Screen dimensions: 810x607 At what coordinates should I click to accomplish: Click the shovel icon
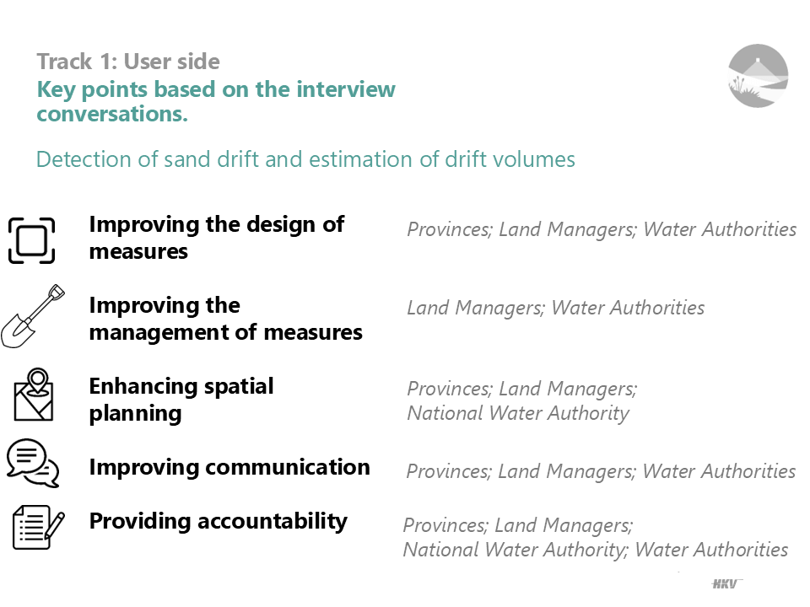(x=31, y=317)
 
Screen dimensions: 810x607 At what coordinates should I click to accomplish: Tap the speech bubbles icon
(x=33, y=463)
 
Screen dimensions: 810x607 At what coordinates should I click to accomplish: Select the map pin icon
(x=34, y=395)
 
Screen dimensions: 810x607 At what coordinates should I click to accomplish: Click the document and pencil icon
(x=39, y=527)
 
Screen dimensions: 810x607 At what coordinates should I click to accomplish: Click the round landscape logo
(x=758, y=76)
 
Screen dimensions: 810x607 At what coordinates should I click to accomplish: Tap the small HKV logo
(x=726, y=583)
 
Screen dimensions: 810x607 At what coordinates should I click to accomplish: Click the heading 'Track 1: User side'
(x=128, y=62)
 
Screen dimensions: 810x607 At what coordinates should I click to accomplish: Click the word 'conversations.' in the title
(x=112, y=114)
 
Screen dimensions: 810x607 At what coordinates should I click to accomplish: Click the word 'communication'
(x=287, y=467)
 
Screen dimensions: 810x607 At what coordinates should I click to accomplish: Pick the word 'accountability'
(x=273, y=521)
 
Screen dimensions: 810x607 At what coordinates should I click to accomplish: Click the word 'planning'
(x=135, y=414)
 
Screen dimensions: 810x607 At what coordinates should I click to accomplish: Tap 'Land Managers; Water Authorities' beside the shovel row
(x=556, y=308)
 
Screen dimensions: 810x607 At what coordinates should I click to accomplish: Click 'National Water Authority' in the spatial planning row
(x=518, y=413)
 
